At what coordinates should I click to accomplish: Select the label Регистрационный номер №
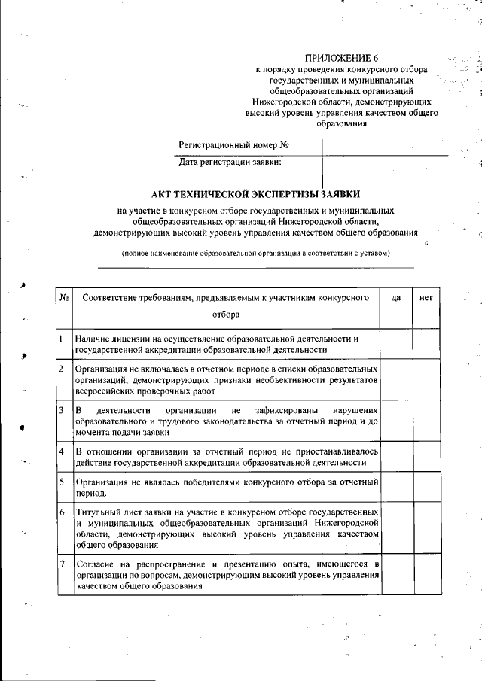(234, 144)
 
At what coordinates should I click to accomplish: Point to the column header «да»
(396, 298)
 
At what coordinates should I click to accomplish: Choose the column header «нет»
(426, 298)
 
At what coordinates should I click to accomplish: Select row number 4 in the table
(61, 451)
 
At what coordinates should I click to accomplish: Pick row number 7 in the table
(61, 564)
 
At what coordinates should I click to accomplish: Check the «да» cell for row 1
(396, 344)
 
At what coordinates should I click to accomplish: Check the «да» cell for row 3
(396, 421)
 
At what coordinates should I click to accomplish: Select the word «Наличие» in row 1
(94, 339)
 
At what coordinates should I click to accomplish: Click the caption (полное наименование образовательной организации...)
(256, 254)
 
